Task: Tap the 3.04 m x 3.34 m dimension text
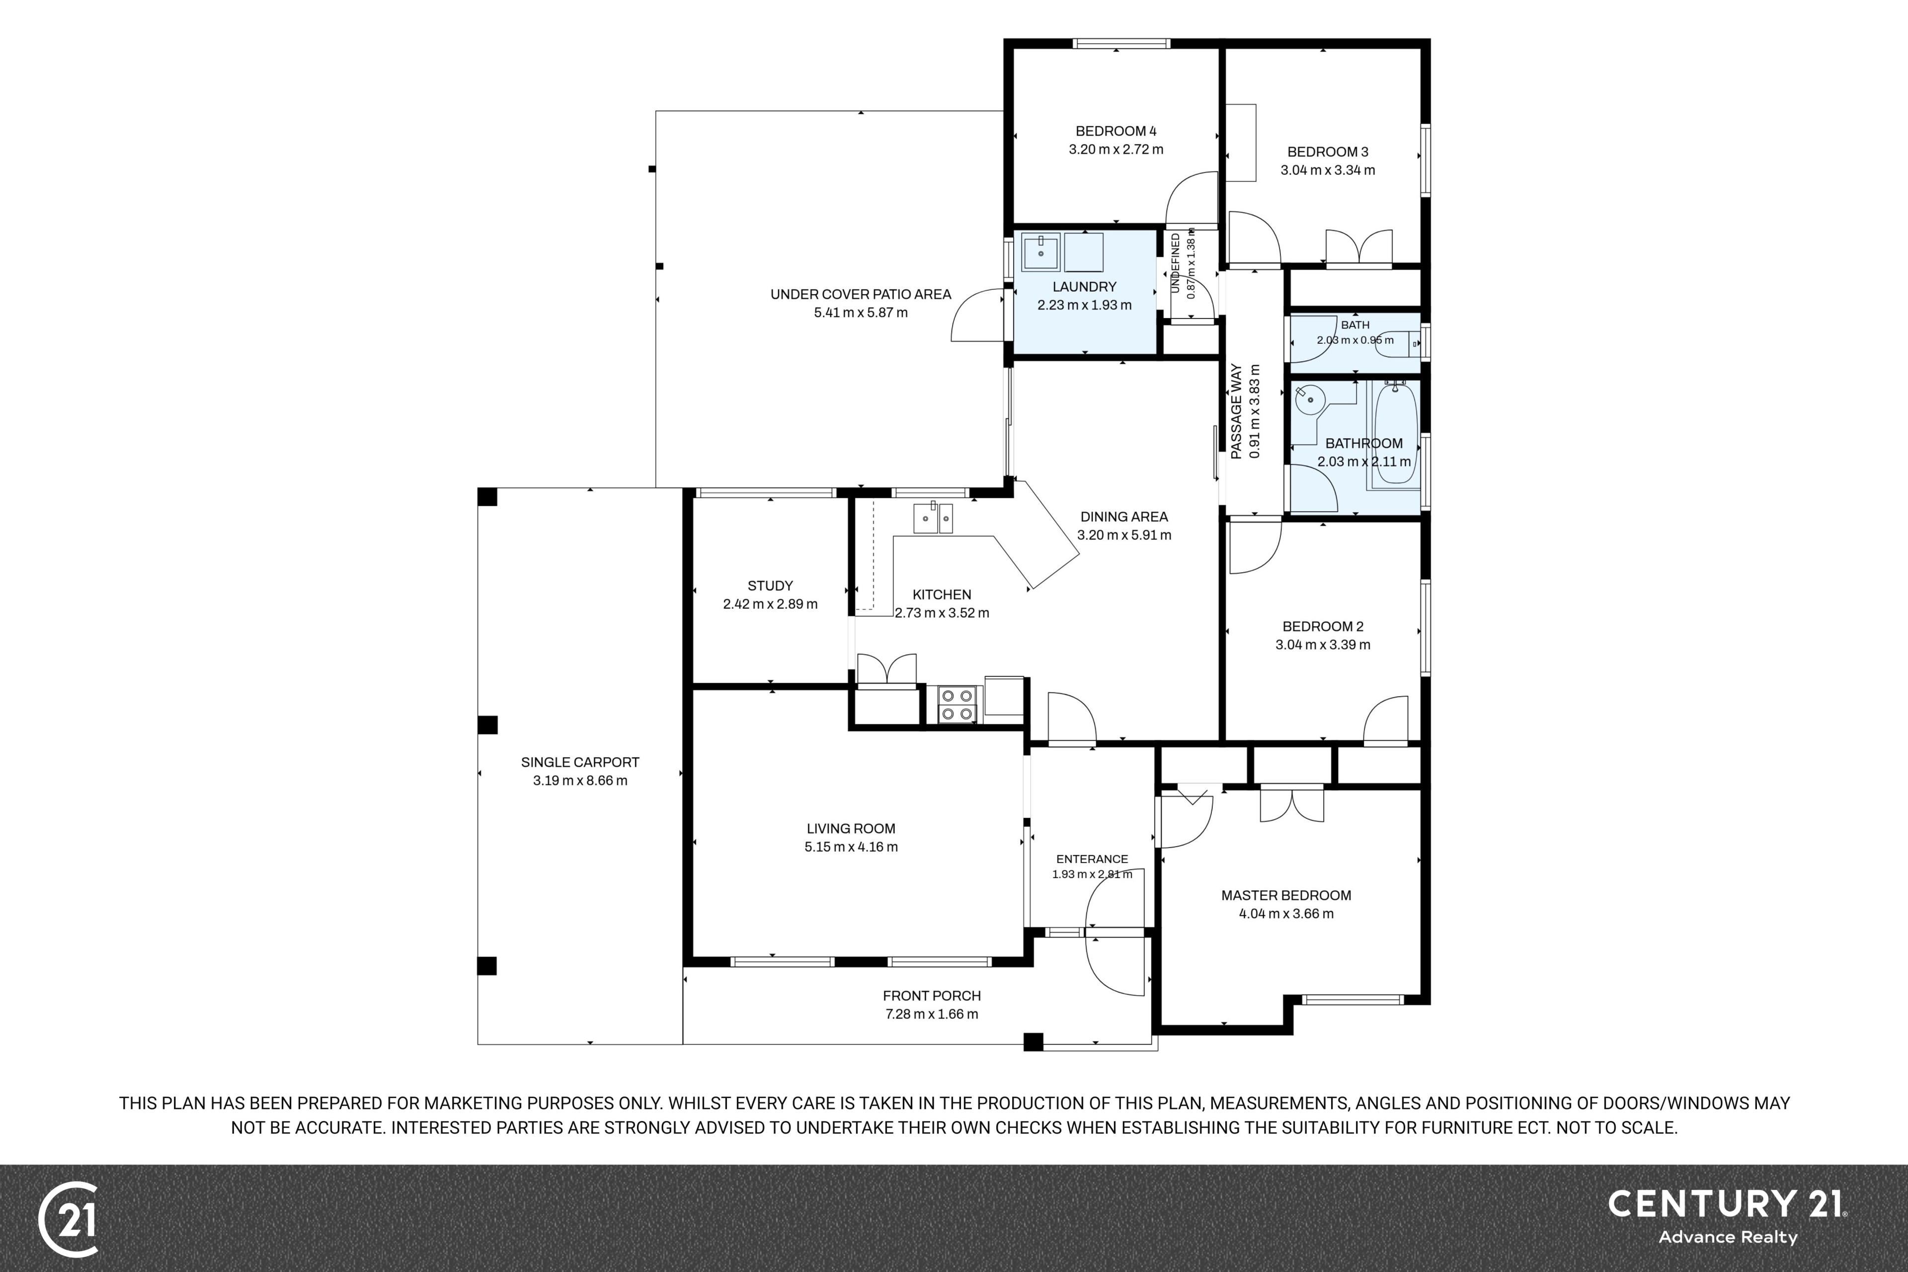pyautogui.click(x=1328, y=170)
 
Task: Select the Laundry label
pyautogui.click(x=1085, y=286)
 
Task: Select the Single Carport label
pyautogui.click(x=580, y=762)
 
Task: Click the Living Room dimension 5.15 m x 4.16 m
pyautogui.click(x=851, y=847)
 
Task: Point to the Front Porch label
pyautogui.click(x=932, y=995)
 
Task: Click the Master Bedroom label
pyautogui.click(x=1286, y=895)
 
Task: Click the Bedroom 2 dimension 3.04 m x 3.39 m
pyautogui.click(x=1323, y=645)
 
